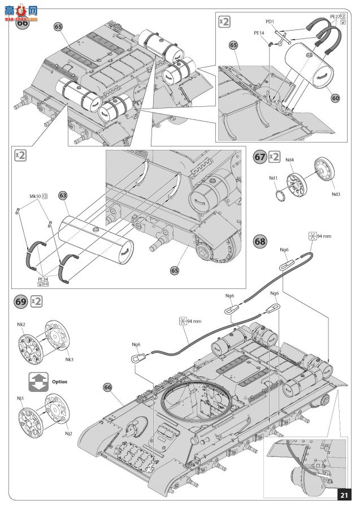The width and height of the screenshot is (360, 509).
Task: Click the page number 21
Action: (344, 495)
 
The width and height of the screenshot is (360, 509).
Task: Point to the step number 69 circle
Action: (20, 301)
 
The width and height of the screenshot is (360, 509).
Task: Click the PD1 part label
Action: (270, 22)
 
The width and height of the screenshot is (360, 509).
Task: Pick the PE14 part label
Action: (259, 33)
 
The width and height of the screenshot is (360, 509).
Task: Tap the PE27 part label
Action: (336, 17)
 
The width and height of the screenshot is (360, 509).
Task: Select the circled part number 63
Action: (63, 195)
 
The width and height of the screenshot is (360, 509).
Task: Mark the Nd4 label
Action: (289, 160)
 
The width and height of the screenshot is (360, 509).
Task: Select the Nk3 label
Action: (70, 359)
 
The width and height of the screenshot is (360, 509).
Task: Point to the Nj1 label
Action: (20, 398)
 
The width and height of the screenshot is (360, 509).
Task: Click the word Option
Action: (59, 382)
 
